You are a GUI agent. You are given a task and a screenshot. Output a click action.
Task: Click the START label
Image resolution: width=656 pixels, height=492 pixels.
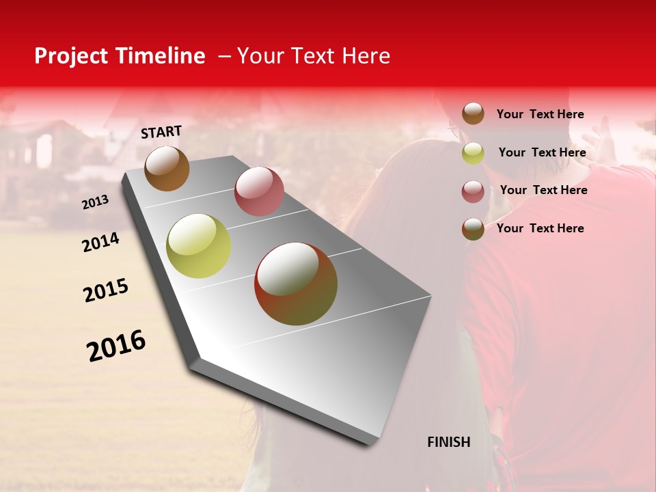(161, 132)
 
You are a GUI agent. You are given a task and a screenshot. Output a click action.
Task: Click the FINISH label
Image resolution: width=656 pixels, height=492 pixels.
(448, 442)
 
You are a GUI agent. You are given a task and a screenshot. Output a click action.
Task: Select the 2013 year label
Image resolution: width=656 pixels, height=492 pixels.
(95, 202)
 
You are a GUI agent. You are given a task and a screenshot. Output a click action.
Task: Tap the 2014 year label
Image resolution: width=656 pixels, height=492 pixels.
(100, 242)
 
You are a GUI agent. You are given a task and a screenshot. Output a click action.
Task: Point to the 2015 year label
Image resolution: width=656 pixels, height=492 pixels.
(105, 290)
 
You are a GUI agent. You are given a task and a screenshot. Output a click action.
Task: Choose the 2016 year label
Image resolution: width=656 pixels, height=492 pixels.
(115, 346)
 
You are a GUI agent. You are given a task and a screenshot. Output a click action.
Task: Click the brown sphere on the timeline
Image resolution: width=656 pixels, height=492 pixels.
(167, 168)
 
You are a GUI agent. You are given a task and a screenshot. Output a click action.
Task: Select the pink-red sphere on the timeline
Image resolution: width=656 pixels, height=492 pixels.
(259, 191)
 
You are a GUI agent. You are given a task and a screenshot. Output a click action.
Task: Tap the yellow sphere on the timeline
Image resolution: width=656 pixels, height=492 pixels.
(198, 246)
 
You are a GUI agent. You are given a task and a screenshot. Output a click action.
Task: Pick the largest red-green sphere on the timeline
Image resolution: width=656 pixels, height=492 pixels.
(296, 284)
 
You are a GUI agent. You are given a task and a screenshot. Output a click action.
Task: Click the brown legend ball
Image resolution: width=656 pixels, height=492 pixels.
(473, 114)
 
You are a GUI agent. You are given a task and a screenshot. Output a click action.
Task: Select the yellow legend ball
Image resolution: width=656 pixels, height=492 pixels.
(473, 153)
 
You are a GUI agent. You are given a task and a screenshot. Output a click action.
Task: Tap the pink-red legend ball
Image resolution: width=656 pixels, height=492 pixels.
(473, 191)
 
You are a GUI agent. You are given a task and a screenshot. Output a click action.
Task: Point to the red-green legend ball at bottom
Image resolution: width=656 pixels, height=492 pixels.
(473, 229)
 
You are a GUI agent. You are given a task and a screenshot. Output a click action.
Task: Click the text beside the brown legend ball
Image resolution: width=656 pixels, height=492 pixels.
(540, 114)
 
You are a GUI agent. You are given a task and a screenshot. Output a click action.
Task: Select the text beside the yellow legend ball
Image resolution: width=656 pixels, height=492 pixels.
(542, 152)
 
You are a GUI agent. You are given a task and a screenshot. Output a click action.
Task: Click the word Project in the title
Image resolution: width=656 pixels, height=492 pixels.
(71, 56)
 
